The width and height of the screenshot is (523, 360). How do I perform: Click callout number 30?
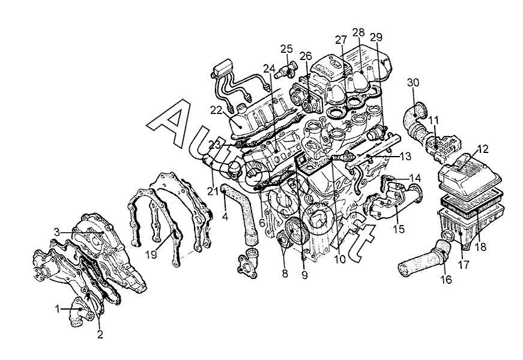pyautogui.click(x=413, y=83)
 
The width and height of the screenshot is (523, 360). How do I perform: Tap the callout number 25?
pyautogui.click(x=286, y=49)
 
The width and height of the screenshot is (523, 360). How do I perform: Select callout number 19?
pyautogui.click(x=151, y=254)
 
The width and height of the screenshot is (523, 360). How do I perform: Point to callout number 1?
pyautogui.click(x=58, y=310)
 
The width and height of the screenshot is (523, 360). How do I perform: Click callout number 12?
pyautogui.click(x=482, y=149)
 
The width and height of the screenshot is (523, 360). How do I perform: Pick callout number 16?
pyautogui.click(x=446, y=280)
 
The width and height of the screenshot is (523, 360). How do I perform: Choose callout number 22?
pyautogui.click(x=216, y=110)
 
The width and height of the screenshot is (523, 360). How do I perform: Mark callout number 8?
pyautogui.click(x=285, y=274)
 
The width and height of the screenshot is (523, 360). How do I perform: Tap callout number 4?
pyautogui.click(x=225, y=217)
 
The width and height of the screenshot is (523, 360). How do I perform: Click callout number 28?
pyautogui.click(x=358, y=32)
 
